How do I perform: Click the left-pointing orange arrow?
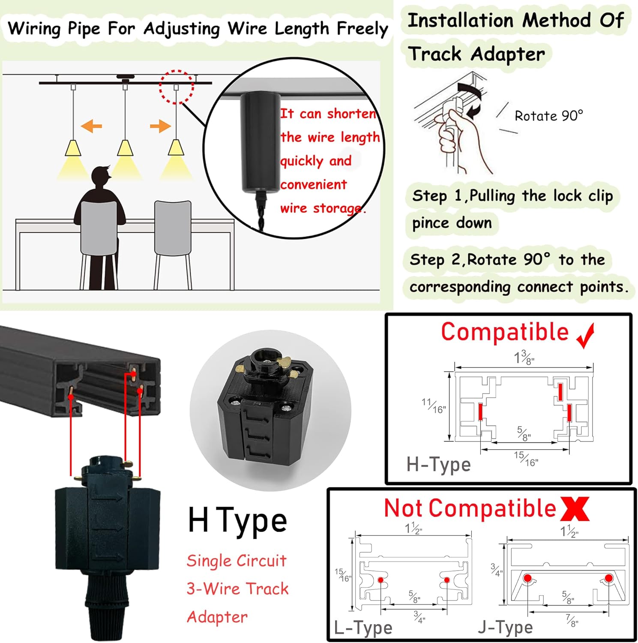tap(91, 126)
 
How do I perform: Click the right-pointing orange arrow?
tap(160, 126)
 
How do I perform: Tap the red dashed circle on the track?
tap(176, 87)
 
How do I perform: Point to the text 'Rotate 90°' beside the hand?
tap(548, 116)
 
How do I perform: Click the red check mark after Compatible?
tap(586, 336)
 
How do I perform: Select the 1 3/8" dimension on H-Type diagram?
tap(524, 358)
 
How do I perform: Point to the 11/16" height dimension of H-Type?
tap(433, 406)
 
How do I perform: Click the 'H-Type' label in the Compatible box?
tap(438, 464)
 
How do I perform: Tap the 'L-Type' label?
tap(363, 628)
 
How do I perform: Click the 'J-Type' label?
tap(505, 627)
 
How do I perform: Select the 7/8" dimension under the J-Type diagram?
tap(571, 620)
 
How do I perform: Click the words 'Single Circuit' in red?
tap(237, 561)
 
